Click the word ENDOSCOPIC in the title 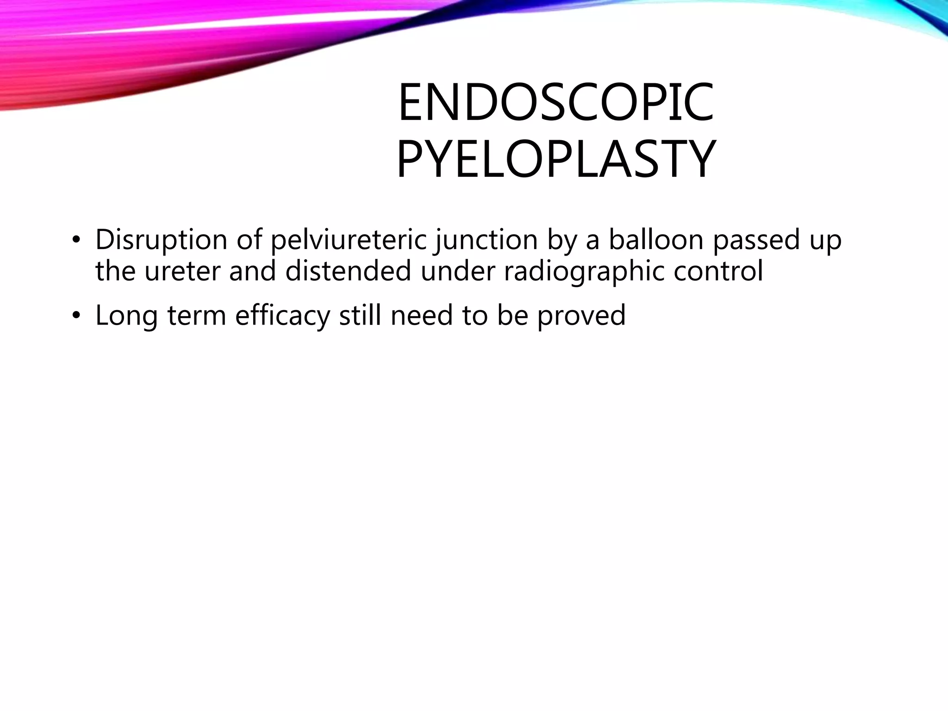coord(555,102)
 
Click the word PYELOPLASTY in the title coord(555,159)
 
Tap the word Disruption coord(161,240)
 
